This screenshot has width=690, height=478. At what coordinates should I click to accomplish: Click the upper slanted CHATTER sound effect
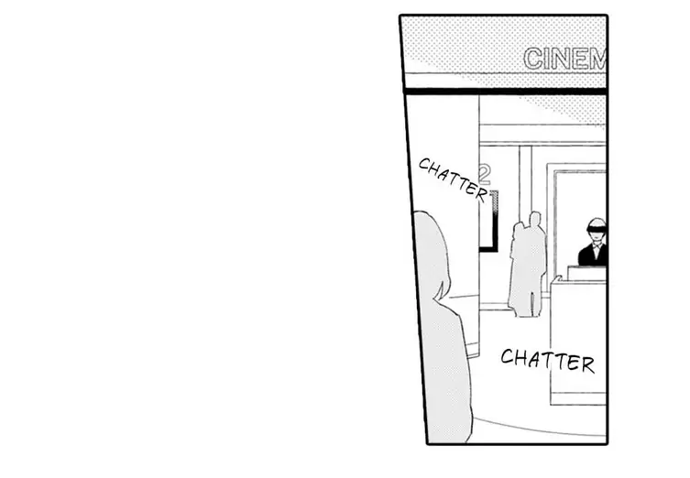pos(453,178)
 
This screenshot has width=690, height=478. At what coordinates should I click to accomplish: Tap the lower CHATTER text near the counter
pos(548,360)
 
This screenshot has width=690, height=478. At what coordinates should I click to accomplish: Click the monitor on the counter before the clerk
pos(587,274)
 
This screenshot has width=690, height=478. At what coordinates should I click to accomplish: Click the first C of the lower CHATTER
pos(508,356)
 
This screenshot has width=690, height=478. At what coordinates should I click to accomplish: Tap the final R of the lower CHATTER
pos(587,364)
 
